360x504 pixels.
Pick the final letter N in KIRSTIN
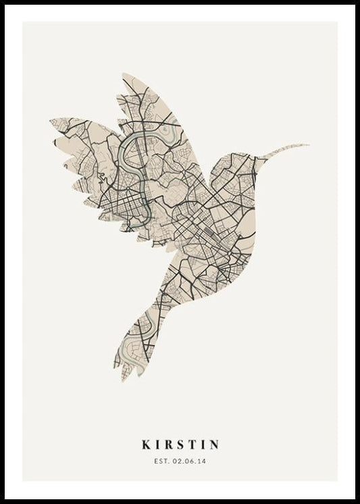pyautogui.click(x=214, y=445)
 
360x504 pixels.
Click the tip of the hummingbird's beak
pyautogui.click(x=308, y=145)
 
